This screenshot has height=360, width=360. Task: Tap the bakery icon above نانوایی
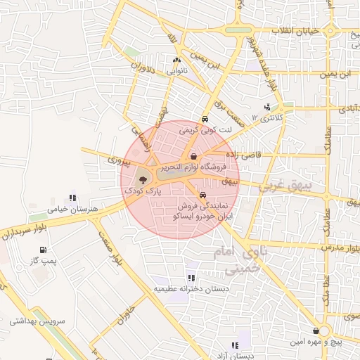176,60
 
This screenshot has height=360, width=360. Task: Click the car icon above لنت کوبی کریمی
205,120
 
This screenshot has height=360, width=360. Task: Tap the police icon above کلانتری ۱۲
266,108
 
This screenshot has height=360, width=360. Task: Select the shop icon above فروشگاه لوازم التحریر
194,156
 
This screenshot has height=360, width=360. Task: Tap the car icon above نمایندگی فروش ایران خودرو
203,195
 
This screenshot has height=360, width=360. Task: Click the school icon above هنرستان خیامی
71,198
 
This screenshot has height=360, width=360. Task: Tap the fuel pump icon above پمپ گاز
44,250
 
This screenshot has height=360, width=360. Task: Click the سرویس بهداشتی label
37,321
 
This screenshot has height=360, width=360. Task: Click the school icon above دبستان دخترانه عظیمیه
190,278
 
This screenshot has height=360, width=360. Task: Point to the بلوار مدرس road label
340,248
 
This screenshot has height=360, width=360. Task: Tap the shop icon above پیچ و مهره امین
316,330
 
